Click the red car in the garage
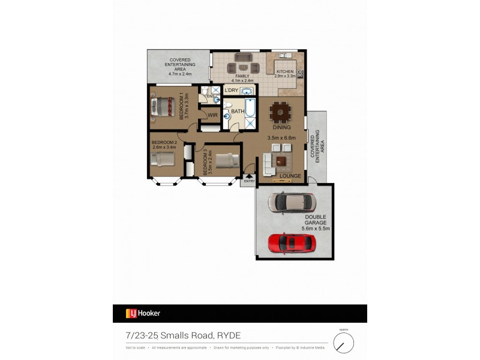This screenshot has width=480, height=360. click(292, 242)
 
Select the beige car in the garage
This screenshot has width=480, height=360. click(290, 203)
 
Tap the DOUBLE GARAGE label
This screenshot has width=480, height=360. click(315, 220)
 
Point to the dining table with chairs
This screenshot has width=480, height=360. click(281, 112)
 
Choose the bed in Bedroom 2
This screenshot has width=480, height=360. click(162, 160)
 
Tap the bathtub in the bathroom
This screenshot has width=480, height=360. click(250, 107)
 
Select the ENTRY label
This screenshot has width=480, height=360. click(249, 181)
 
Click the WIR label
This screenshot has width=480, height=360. click(212, 115)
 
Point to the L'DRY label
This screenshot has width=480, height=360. click(232, 91)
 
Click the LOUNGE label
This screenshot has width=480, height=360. click(290, 176)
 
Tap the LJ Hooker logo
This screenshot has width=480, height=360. click(143, 313)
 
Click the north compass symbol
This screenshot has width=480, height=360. click(344, 343)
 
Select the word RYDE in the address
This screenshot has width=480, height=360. click(228, 335)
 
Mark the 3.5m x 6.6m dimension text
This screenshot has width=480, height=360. click(282, 137)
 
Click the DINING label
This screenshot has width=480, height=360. click(281, 127)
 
